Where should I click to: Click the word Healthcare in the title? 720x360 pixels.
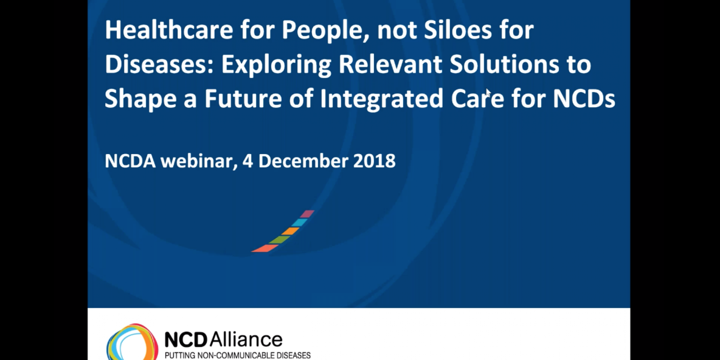169,30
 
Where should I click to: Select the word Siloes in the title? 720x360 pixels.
458,30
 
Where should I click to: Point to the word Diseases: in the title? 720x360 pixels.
159,64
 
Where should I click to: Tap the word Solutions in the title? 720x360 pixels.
504,64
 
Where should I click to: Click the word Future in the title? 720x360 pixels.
243,98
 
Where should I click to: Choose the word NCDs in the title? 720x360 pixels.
584,98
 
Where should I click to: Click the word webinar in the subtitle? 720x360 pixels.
199,161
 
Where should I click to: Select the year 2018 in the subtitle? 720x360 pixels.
374,161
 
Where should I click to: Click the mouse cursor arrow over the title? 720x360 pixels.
488,93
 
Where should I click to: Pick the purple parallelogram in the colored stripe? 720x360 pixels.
307,214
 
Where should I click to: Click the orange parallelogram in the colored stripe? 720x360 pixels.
290,231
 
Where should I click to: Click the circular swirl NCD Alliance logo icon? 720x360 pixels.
132,342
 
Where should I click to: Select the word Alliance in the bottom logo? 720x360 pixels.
246,340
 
